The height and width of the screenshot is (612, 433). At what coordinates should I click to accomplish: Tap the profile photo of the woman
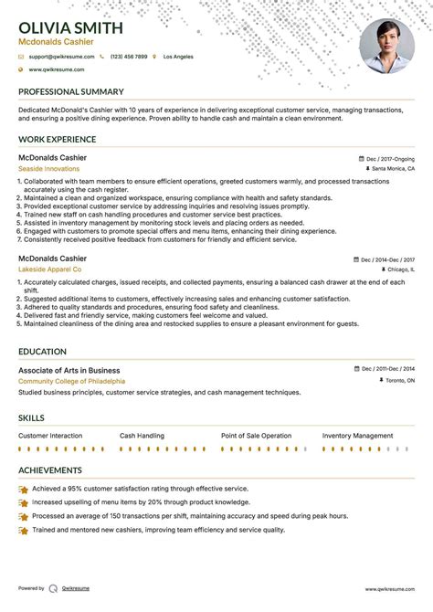pos(386,46)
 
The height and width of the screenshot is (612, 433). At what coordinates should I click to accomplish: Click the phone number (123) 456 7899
pos(129,57)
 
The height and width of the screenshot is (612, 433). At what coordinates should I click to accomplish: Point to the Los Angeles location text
pos(179,57)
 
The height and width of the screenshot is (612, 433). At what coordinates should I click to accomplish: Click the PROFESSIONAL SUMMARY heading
pos(70,92)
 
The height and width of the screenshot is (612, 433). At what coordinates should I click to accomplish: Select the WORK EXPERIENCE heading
pos(57,140)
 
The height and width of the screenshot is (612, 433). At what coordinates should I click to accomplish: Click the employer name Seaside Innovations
pos(48,169)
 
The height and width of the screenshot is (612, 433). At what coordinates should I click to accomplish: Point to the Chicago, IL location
pos(399,270)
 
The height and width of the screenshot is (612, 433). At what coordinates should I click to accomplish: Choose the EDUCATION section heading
pos(42,352)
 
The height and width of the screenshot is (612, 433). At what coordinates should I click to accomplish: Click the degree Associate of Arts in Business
pos(69,370)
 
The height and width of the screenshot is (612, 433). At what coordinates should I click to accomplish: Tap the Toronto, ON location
pos(398,380)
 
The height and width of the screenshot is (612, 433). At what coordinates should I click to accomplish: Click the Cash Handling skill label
pos(142,436)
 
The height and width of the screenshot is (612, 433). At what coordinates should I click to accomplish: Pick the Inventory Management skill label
pos(357,436)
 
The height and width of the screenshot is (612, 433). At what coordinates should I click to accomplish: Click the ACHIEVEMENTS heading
pos(50,470)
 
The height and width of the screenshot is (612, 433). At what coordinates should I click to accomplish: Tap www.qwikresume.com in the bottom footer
pos(390,588)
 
